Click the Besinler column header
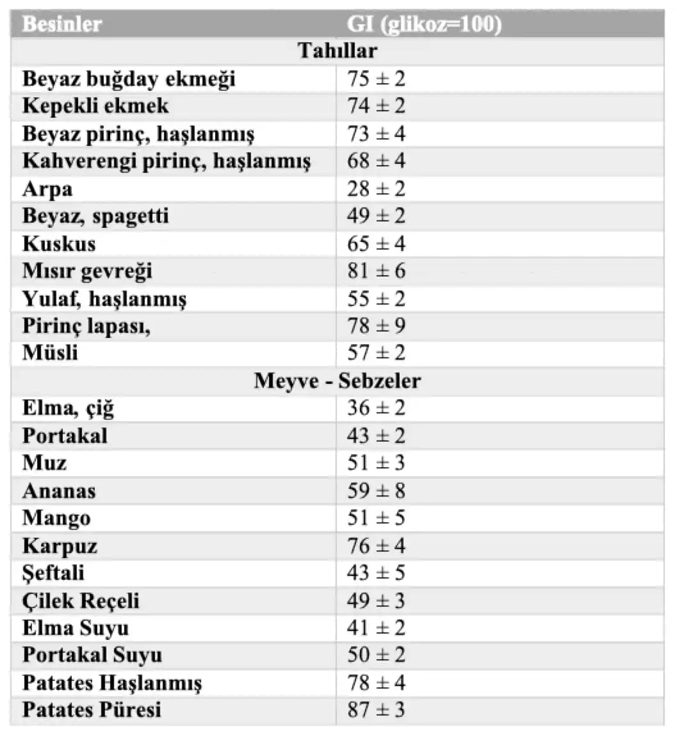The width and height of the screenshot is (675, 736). coord(62,24)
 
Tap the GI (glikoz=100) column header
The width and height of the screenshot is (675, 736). coord(424,24)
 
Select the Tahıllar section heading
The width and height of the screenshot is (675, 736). coord(337,51)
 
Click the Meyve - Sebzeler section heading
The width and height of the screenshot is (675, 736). coord(337,381)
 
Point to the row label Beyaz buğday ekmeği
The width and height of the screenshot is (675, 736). coord(129,79)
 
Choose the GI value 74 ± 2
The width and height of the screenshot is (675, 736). coord(377,106)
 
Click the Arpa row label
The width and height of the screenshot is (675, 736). coord(47,189)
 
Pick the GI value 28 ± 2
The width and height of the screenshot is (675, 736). coord(377,189)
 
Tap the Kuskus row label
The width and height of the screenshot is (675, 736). coord(59,244)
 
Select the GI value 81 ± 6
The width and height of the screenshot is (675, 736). coord(377,271)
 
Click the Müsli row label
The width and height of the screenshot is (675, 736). coord(50,353)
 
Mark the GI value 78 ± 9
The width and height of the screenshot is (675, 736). coord(377,326)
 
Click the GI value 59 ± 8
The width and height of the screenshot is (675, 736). coord(377,491)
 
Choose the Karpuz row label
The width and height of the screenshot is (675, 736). coord(60,546)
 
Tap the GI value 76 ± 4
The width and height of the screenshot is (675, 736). coord(377,546)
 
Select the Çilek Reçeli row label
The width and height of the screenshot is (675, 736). coord(81,601)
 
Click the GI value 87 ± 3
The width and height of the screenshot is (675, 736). coord(377,710)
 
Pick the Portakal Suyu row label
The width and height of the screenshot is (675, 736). coord(92,655)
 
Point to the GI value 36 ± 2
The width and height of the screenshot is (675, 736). coord(377,408)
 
